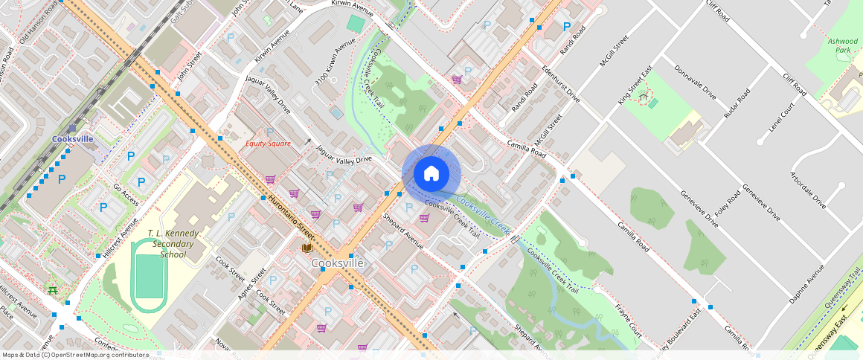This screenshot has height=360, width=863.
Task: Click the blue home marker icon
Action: click(431, 174)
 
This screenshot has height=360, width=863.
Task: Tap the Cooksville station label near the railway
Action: click(73, 139)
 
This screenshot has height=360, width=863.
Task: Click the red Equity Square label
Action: click(268, 143)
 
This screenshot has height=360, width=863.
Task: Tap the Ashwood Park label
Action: click(843, 46)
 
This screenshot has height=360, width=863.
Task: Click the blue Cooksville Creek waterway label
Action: click(483, 213)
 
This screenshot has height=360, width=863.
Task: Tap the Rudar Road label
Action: click(735, 103)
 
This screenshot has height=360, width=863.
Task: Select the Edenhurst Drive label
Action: click(562, 83)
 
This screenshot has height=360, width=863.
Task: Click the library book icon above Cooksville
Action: click(306, 248)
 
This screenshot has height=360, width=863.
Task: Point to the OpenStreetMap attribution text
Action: click(75, 355)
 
